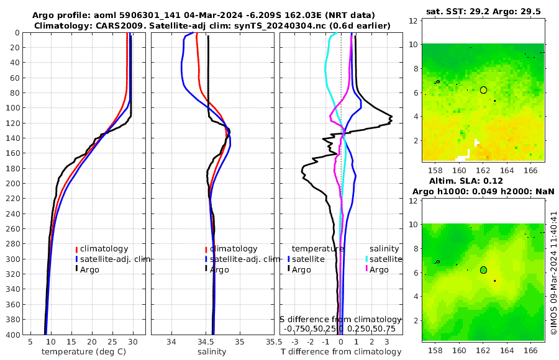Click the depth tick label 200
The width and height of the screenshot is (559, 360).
pos(12,184)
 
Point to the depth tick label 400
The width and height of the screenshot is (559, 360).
pos(12,335)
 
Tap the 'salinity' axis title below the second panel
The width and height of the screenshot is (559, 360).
pos(211,352)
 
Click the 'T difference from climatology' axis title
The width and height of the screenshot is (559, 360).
pos(341,352)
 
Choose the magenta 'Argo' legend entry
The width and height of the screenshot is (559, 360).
pos(379,269)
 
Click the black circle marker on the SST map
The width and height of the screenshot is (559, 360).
pos(483,90)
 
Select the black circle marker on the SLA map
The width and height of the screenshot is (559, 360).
pos(483,270)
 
